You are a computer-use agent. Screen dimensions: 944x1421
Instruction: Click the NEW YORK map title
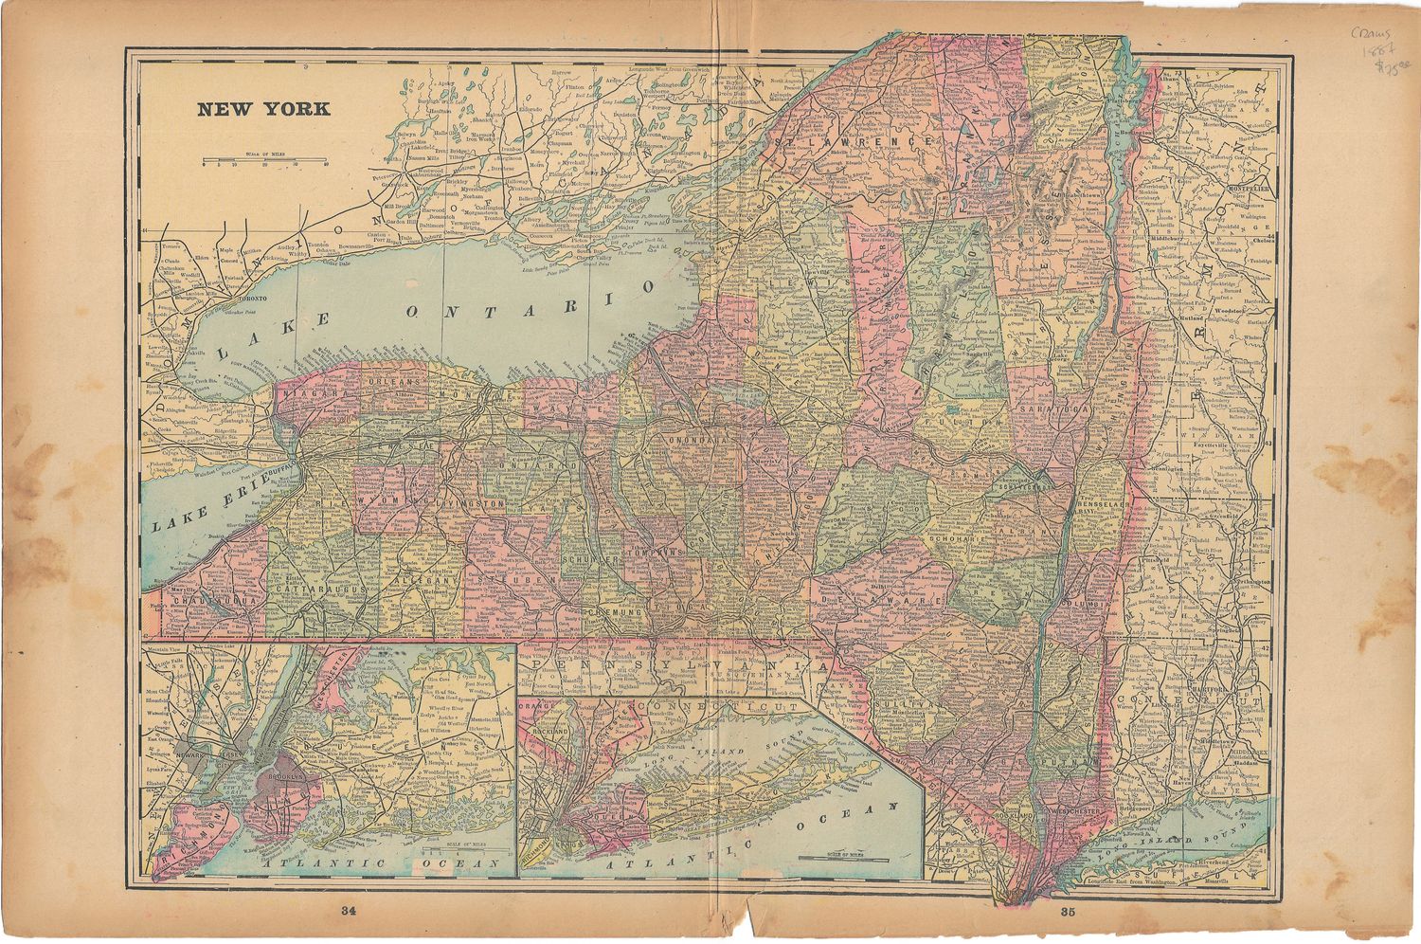click(x=263, y=109)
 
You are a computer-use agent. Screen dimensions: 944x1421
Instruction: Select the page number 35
click(x=1069, y=913)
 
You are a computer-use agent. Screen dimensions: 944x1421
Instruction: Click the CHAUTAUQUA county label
click(x=198, y=600)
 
